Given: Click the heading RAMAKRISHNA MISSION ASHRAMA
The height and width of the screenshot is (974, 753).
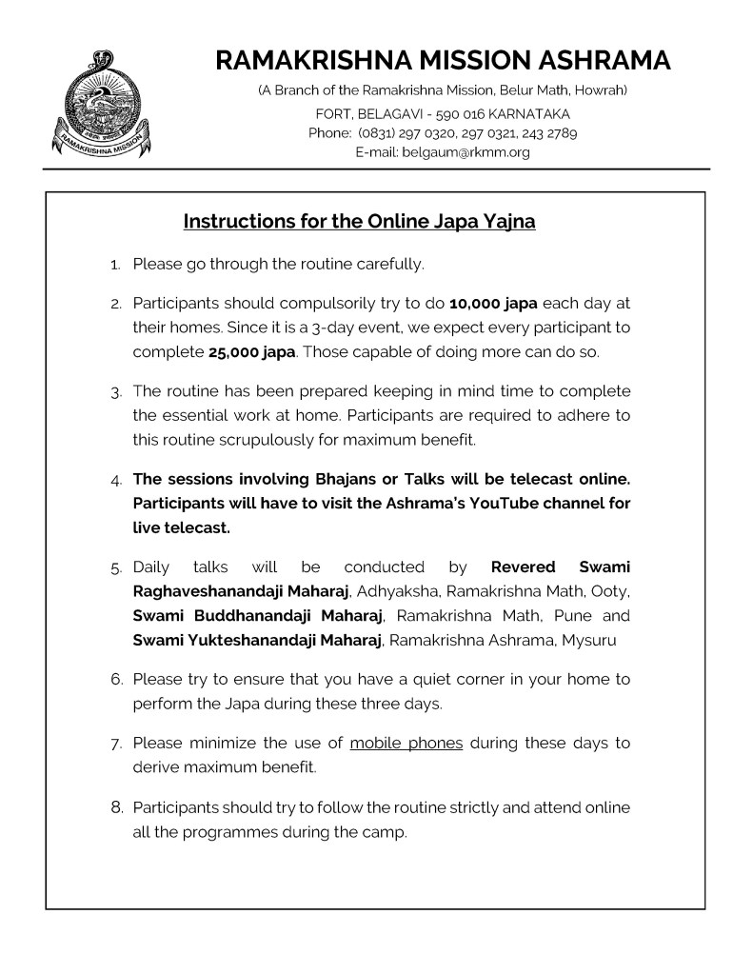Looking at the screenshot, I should pos(443,61).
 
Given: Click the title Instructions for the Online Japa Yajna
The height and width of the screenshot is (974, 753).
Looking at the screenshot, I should pos(359,222).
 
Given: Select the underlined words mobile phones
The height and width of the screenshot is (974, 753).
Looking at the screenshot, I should pos(406,743).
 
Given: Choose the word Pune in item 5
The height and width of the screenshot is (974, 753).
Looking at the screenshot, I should pos(567,616).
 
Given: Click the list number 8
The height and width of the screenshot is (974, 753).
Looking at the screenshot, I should pos(117,808).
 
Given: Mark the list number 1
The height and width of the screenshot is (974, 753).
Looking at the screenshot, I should pos(116,264).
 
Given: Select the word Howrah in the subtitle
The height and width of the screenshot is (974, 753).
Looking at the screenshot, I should pos(601,90).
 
